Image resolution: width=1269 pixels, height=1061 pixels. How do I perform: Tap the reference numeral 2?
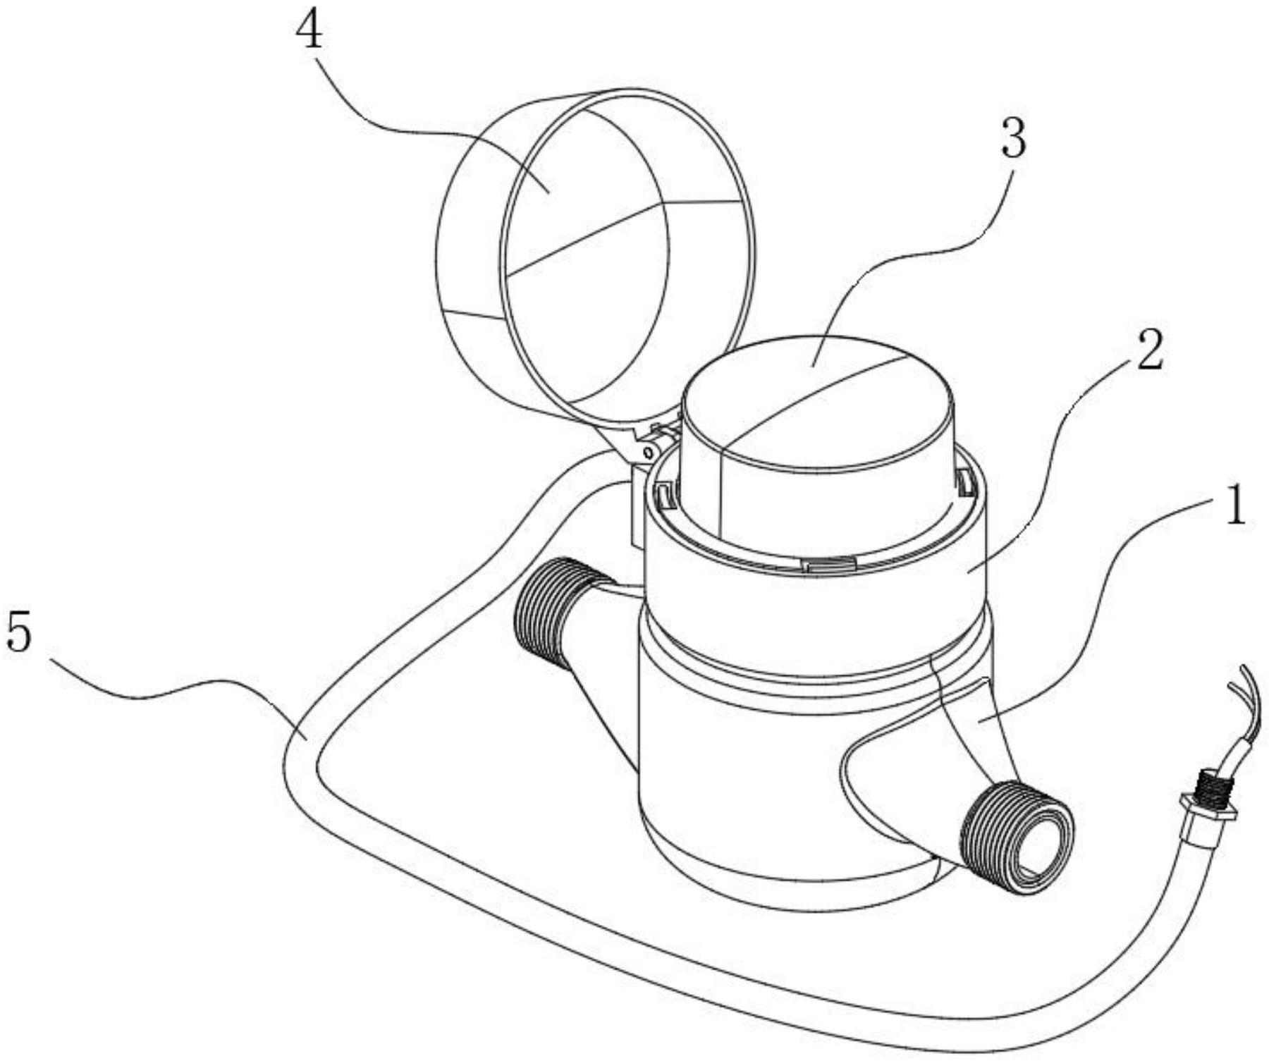tap(1148, 352)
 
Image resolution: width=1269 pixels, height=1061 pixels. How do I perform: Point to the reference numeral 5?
tap(19, 632)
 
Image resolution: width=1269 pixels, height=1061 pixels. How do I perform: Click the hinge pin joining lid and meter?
tap(646, 451)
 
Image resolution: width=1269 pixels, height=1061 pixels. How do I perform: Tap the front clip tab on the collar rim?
tap(829, 563)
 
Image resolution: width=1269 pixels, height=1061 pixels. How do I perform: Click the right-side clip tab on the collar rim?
tap(964, 482)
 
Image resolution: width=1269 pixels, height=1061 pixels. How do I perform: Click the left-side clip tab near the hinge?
tap(663, 493)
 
